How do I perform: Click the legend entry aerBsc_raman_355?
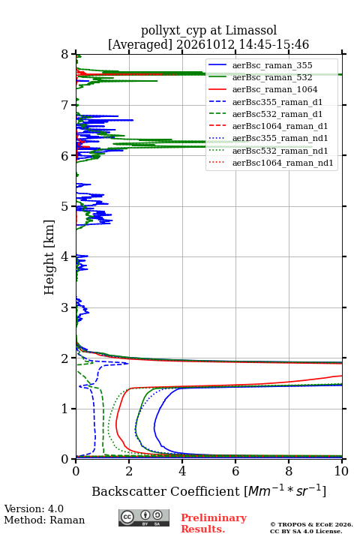(x=272, y=65)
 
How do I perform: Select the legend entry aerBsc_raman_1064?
(x=275, y=89)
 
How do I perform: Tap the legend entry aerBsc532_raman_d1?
(x=277, y=114)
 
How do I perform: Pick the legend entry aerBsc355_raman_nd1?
(x=280, y=138)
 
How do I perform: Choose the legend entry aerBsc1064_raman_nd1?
(x=283, y=163)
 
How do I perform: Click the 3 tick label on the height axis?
(x=64, y=307)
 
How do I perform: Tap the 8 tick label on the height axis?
(x=64, y=55)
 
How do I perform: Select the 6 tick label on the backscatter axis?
(x=235, y=471)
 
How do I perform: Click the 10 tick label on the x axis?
(x=341, y=471)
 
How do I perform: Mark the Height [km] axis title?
(x=49, y=257)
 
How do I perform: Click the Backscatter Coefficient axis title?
(x=208, y=490)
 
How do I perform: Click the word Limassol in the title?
(x=251, y=31)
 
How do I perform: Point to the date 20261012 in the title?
(x=205, y=45)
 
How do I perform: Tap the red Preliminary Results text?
(x=214, y=523)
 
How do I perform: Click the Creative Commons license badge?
(x=144, y=517)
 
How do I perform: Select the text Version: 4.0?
(x=34, y=508)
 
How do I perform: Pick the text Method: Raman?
(x=44, y=520)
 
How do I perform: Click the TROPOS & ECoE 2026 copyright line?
(x=311, y=524)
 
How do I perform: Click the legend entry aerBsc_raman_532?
(x=272, y=77)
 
